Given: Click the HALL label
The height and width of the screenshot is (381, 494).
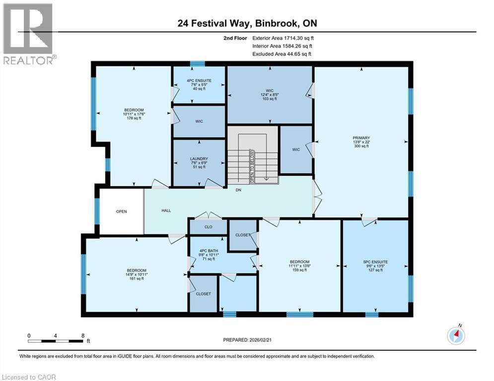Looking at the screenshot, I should [166, 210].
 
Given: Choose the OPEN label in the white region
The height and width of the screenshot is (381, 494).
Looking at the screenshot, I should [121, 211].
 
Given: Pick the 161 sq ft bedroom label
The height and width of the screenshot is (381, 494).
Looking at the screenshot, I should [136, 274].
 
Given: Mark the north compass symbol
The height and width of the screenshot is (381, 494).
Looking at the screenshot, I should [456, 336].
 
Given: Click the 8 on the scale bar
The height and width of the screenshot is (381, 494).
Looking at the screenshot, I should [82, 335].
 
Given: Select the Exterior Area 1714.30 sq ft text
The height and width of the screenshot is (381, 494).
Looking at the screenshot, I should [283, 38].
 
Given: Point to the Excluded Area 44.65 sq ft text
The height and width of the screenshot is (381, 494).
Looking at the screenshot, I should [282, 54].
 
